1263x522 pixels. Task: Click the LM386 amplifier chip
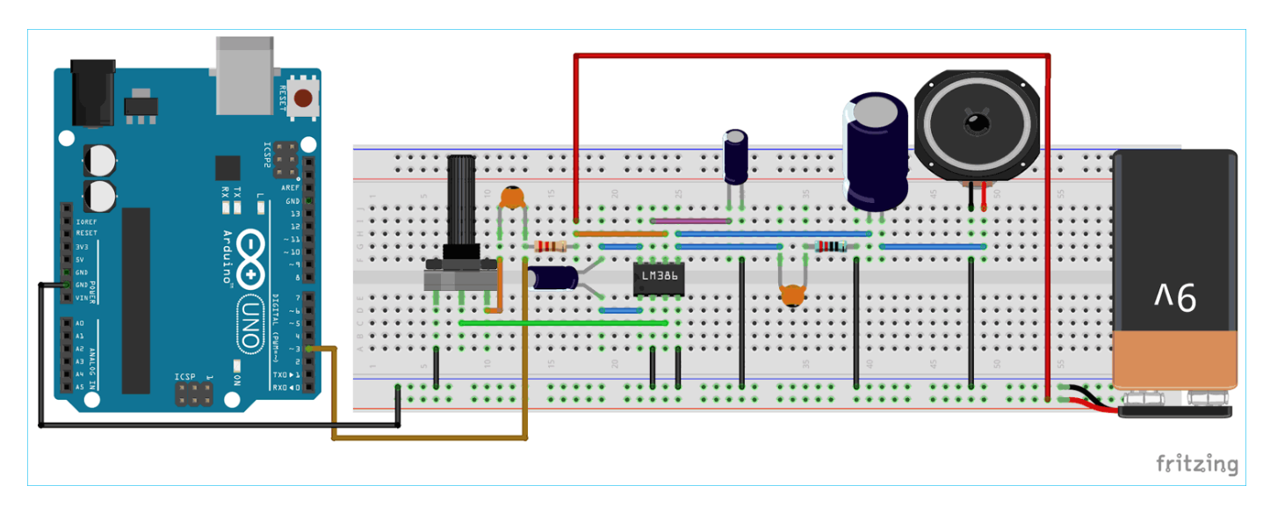tap(658, 277)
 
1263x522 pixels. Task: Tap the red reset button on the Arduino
tap(304, 98)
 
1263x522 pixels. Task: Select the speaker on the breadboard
tap(976, 126)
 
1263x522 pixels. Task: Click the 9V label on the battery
tap(1173, 298)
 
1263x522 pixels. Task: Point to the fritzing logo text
tap(1196, 463)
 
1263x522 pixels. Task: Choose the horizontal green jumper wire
tap(562, 323)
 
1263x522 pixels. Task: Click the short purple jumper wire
tap(691, 221)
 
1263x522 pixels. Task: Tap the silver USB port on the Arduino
tap(245, 75)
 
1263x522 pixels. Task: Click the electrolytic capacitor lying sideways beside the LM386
tap(554, 277)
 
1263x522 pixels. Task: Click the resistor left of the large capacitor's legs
tap(830, 247)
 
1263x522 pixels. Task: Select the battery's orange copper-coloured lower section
tap(1173, 359)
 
